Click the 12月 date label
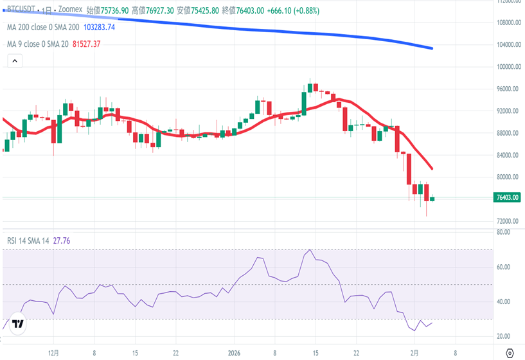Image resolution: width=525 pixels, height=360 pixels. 54,353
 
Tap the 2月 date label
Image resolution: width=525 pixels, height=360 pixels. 414,353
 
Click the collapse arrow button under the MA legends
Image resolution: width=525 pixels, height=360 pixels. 15,61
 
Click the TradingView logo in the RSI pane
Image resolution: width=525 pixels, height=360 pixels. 18,325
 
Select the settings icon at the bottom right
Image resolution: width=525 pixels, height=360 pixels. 510,353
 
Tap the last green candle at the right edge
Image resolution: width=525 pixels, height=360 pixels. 432,199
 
